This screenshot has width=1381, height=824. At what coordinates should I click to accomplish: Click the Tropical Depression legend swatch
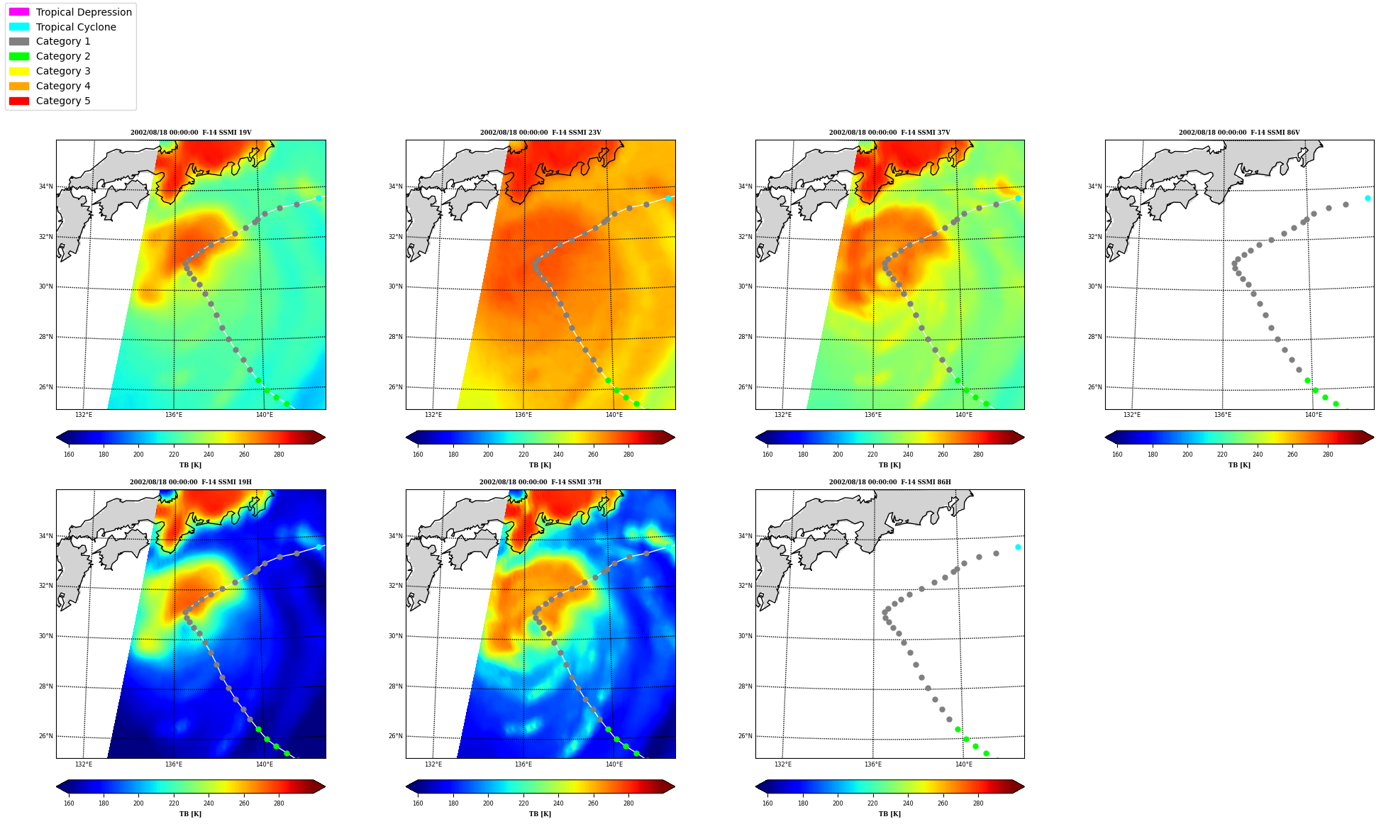pos(19,12)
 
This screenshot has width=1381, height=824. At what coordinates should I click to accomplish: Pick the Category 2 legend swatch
pos(19,56)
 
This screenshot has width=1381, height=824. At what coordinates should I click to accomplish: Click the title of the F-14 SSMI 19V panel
pos(191,133)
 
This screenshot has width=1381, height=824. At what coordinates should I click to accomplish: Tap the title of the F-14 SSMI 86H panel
pos(889,482)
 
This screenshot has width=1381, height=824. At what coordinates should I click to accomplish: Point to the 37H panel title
pos(540,482)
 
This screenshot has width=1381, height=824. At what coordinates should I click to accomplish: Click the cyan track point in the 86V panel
pos(1368,198)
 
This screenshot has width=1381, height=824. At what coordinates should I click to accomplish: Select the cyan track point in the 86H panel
pos(1018,547)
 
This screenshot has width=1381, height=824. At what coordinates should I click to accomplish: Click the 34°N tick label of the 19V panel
pos(45,186)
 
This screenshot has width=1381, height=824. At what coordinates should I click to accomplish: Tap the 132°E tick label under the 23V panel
pos(433,415)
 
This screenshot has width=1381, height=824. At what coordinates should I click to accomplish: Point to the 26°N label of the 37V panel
pos(745,387)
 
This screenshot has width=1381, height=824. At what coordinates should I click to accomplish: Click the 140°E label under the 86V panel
pos(1313,415)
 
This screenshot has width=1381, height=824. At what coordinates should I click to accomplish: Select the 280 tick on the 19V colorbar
pos(279,455)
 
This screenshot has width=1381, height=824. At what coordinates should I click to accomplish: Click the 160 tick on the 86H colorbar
pos(767,803)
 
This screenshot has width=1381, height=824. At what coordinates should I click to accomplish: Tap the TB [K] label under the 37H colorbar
pos(540,814)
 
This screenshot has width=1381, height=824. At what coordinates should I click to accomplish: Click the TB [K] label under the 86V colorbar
pos(1239,465)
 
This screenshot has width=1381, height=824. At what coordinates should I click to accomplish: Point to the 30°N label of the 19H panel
pos(45,636)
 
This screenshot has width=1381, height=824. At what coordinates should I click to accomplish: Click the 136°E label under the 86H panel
pos(873,764)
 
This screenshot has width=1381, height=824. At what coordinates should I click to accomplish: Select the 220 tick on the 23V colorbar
pos(523,455)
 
